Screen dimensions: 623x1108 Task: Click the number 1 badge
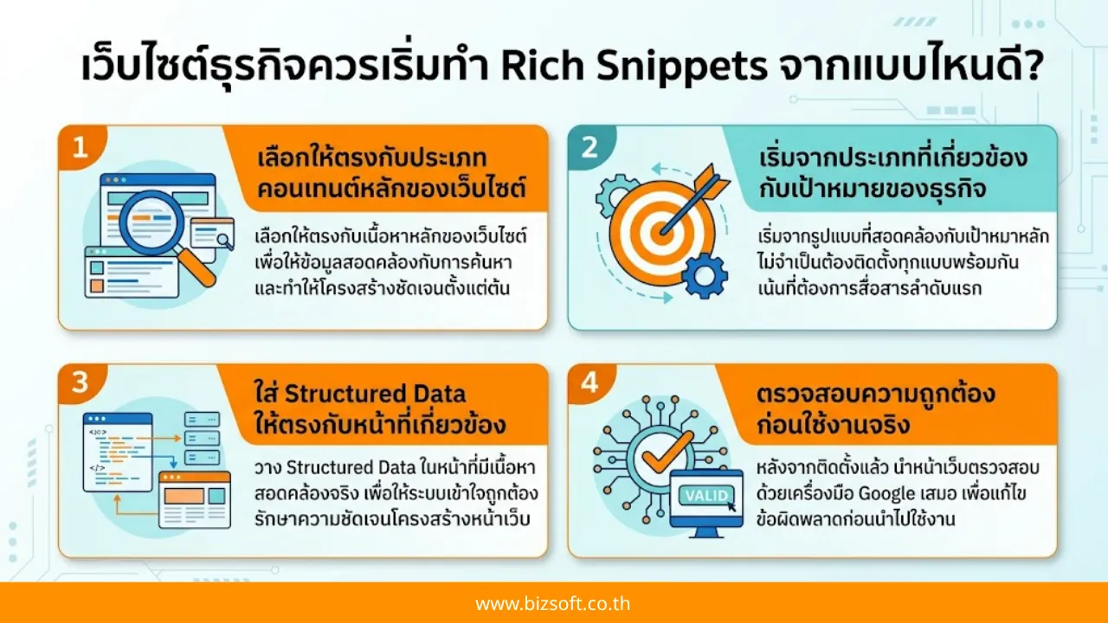(x=81, y=147)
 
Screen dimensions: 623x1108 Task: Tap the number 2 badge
(x=589, y=147)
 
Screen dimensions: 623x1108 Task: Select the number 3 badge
(x=81, y=382)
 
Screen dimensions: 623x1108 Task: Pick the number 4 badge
(x=589, y=382)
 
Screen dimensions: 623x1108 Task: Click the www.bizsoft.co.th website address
(x=553, y=603)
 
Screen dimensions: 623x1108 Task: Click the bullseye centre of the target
(x=664, y=230)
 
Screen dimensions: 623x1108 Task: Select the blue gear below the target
(x=703, y=275)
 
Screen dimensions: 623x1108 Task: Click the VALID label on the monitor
(x=706, y=496)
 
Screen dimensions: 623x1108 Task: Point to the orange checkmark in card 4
(x=666, y=446)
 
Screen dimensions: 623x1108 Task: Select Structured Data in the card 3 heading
(x=375, y=395)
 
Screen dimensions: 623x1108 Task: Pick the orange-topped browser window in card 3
(x=195, y=499)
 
